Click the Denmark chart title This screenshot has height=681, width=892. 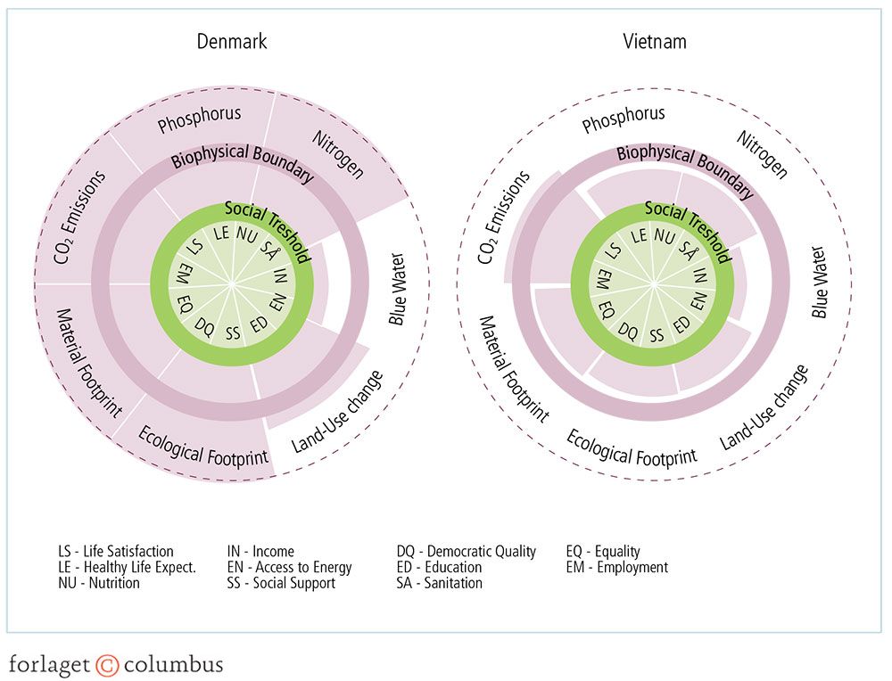click(x=231, y=41)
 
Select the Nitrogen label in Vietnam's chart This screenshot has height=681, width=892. click(x=763, y=153)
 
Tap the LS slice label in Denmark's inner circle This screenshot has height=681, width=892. click(x=197, y=249)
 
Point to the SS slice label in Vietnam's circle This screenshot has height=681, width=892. click(x=657, y=334)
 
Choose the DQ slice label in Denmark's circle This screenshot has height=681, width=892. click(x=204, y=324)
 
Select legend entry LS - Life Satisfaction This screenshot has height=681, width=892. click(x=115, y=552)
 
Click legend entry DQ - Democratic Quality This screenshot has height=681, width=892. click(x=466, y=552)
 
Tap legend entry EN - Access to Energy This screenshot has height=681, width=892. click(x=290, y=568)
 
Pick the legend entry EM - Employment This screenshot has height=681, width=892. click(x=616, y=568)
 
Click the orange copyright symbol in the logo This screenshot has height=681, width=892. click(x=107, y=665)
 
